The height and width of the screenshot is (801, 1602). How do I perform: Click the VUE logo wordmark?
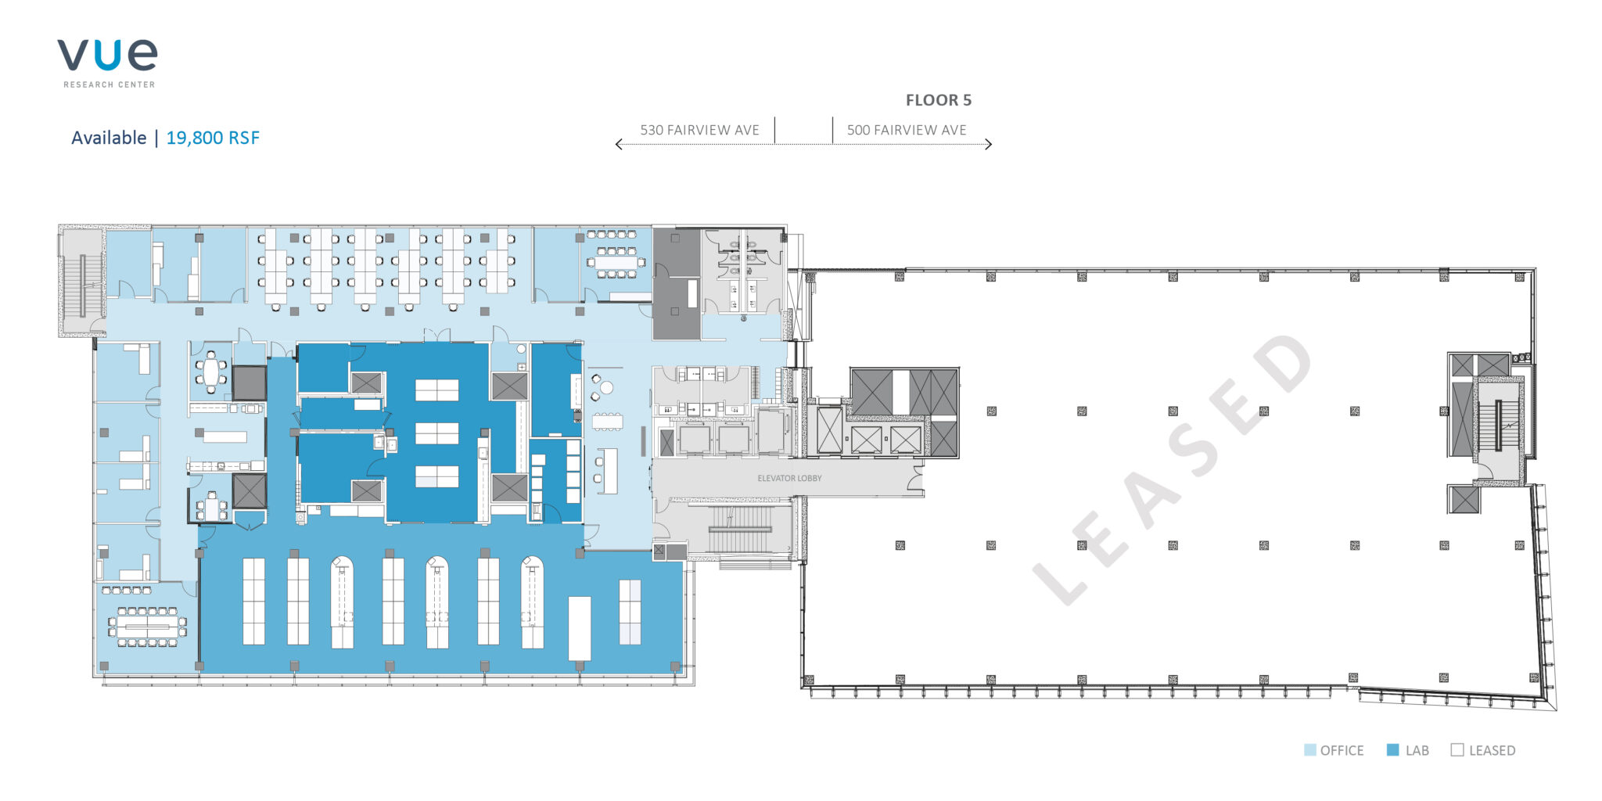[107, 56]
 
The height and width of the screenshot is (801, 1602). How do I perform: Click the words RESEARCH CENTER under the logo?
[110, 84]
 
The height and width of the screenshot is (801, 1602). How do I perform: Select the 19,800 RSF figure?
[213, 138]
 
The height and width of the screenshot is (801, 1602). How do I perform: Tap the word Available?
[109, 138]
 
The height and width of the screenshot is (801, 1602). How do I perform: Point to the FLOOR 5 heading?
[939, 100]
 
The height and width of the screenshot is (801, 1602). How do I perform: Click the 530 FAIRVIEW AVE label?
[699, 130]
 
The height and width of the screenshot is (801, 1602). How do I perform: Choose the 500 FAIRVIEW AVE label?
[907, 130]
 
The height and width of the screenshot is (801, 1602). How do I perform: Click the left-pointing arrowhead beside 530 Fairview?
[619, 144]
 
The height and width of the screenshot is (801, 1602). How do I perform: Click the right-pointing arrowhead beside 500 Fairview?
[989, 144]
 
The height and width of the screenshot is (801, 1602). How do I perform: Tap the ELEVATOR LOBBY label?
[789, 478]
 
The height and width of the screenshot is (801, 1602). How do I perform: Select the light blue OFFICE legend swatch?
[1310, 750]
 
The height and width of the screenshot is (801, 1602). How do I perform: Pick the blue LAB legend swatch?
[1392, 750]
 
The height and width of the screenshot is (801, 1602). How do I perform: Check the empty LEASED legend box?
[1457, 750]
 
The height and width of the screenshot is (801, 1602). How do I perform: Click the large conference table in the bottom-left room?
[147, 627]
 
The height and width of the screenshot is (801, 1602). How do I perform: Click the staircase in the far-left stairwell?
[81, 286]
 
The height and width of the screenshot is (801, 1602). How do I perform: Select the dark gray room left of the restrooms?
[676, 284]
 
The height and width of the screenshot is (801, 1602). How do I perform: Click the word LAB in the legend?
[1417, 751]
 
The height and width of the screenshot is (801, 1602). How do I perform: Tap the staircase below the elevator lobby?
[740, 530]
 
